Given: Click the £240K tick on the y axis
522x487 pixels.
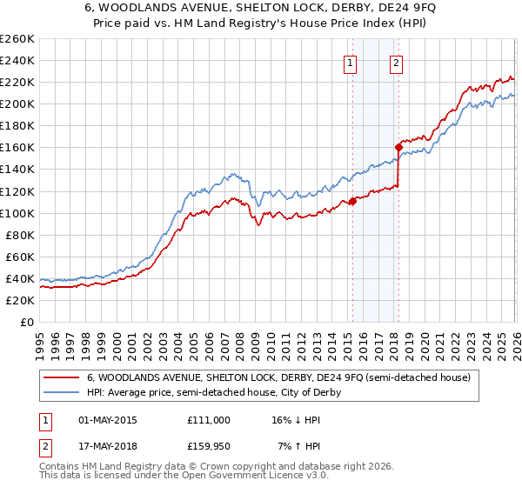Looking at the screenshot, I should [17, 60].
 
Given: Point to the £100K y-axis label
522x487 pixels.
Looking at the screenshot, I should [17, 213].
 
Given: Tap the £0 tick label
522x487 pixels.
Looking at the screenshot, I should [27, 322].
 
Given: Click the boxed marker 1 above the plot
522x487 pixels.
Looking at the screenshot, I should [350, 62].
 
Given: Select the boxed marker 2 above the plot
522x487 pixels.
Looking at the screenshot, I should [396, 62].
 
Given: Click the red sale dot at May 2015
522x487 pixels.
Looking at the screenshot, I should [352, 201].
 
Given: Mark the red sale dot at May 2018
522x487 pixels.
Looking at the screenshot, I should [398, 147].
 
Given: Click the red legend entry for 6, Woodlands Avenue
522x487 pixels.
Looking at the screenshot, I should [278, 377].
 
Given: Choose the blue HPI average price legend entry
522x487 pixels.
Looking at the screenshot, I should [213, 392].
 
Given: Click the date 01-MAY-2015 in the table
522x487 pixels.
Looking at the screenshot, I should [107, 419].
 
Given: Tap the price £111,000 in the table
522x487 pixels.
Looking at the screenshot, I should [208, 419].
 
